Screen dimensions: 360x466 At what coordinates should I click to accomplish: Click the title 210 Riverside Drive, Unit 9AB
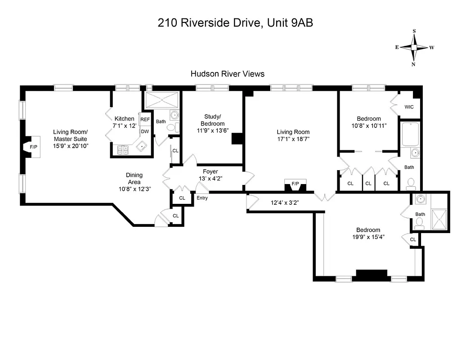coord(235,23)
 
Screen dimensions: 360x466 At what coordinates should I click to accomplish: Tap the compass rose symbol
coord(414,47)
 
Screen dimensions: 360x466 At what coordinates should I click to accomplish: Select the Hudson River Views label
coord(227,74)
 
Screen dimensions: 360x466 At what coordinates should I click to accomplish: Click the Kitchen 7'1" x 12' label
coord(124,122)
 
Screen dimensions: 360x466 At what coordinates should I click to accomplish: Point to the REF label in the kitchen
coord(145,119)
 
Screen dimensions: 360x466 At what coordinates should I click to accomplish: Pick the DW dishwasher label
coord(145,131)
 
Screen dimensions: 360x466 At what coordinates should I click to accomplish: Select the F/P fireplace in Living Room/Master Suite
coord(33,147)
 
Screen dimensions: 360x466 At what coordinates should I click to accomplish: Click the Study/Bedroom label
coord(212,120)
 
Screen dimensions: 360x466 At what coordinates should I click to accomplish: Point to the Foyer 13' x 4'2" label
coord(211,175)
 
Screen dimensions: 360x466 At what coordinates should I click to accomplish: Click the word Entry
coord(202,198)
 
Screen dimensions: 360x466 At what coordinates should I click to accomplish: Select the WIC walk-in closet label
coord(409,107)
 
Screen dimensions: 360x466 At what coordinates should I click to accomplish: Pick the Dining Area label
coord(134,182)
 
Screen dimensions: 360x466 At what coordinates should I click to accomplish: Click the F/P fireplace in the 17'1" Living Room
coord(295,184)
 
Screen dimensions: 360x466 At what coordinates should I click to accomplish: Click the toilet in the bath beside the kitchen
coord(171,128)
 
